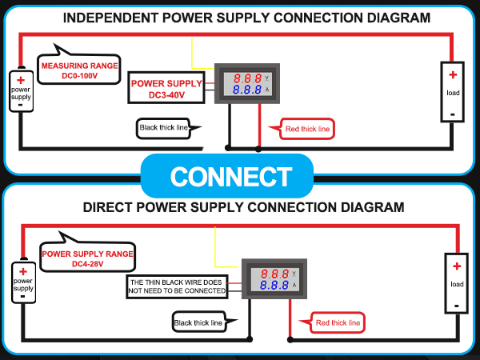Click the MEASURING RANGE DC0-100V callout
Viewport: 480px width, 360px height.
(80, 70)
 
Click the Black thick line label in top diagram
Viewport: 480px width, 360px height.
(166, 128)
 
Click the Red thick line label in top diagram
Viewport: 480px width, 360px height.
(307, 129)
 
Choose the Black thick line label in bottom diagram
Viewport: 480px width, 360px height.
(198, 322)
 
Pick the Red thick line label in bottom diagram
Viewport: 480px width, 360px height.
(338, 322)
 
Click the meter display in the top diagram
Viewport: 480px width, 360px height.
(248, 83)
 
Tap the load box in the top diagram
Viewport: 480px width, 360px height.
(453, 92)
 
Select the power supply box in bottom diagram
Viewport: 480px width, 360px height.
(22, 282)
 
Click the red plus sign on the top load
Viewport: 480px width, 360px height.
(453, 75)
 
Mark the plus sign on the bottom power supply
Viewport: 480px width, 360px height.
(22, 271)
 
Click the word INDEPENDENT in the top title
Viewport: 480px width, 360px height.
(110, 17)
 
